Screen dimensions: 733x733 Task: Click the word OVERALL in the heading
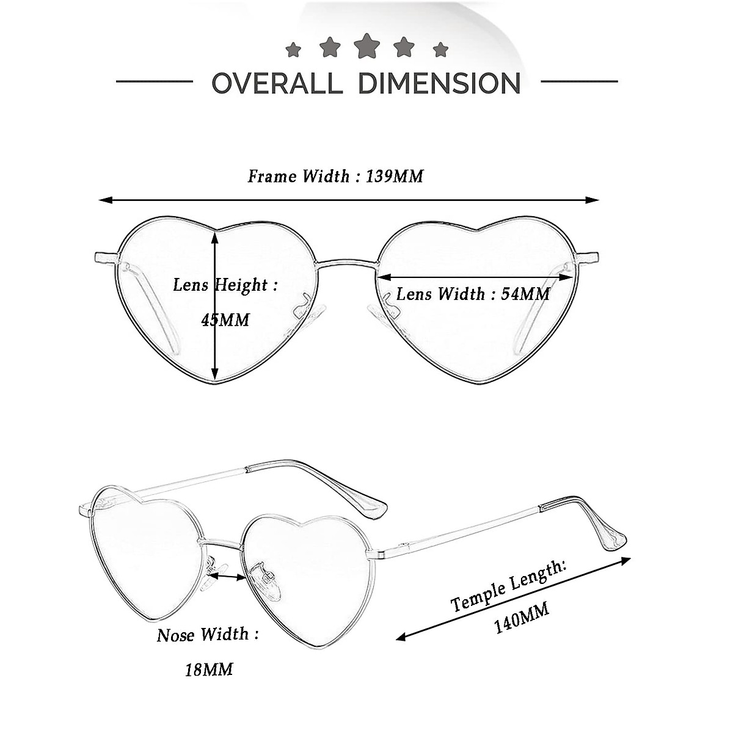[x=277, y=83]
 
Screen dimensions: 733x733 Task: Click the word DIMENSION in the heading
[x=439, y=83]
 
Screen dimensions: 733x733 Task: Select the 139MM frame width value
[x=395, y=177]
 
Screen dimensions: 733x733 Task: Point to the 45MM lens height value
[x=225, y=319]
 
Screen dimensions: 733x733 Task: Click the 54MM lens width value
[x=525, y=294]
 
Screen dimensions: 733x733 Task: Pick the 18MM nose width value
[x=209, y=669]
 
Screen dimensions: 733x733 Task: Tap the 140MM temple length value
[x=521, y=618]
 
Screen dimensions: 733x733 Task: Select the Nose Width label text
[x=207, y=635]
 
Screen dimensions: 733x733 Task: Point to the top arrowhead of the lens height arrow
[x=215, y=236]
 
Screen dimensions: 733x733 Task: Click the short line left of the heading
[x=154, y=81]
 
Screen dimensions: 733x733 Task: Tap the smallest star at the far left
[x=293, y=49]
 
